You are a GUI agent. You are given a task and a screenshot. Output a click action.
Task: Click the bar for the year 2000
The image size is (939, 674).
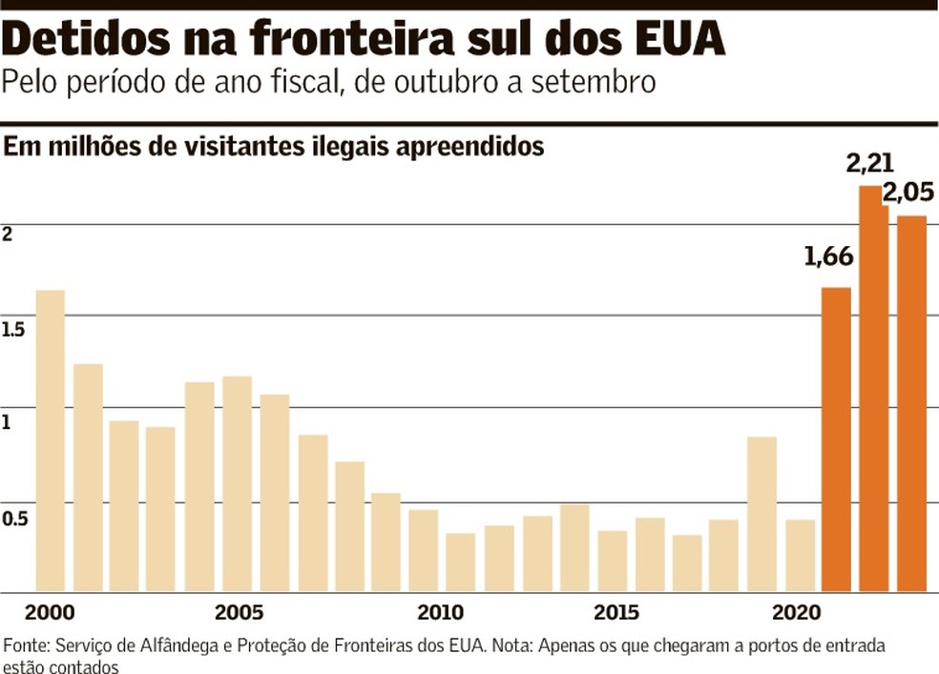coord(50,440)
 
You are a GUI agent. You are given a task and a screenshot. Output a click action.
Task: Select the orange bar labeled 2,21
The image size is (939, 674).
coord(873,389)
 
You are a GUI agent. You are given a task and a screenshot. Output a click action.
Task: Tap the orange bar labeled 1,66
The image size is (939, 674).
coord(836,439)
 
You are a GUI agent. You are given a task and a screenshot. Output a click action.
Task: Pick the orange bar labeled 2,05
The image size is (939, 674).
coord(910,403)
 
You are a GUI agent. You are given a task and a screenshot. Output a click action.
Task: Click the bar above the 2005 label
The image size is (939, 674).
coord(237,484)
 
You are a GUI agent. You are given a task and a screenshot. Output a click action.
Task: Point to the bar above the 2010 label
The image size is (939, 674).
coord(424,550)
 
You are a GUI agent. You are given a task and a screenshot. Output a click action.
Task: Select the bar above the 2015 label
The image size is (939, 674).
coord(612,561)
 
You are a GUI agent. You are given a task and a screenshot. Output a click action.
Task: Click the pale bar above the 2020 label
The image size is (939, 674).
coord(799,555)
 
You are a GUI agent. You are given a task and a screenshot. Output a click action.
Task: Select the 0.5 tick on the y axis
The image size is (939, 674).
coord(14,518)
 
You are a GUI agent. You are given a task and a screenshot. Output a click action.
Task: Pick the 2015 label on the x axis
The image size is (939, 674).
coord(612,612)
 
